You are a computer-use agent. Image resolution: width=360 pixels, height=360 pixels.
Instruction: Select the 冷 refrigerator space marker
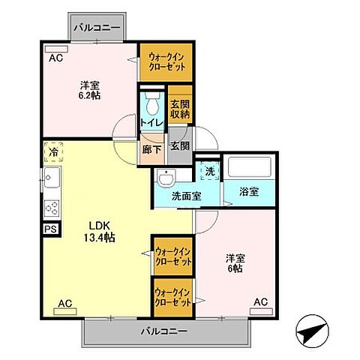tap(53, 152)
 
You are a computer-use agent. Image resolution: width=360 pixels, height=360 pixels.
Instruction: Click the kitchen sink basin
tap(52, 180)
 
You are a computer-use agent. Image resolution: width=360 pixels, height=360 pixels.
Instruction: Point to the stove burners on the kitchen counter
tap(52, 207)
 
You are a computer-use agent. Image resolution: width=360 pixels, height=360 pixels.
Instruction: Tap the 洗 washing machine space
tap(208, 170)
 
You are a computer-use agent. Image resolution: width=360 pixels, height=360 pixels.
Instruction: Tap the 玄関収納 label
tap(178, 109)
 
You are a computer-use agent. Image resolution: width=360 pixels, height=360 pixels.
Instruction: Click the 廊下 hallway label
tap(151, 149)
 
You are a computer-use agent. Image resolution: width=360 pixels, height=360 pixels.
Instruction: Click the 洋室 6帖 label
tap(235, 263)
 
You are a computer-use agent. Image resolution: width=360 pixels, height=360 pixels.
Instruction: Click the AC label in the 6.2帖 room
tap(55, 57)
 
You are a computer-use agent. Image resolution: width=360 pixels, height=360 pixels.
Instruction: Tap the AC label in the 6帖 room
tap(259, 302)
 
